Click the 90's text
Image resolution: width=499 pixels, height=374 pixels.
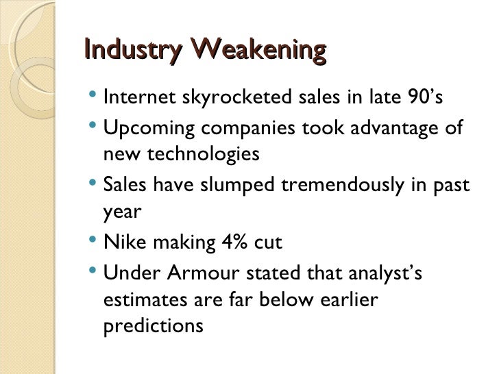[x=427, y=98]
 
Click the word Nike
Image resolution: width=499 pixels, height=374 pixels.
[x=122, y=242]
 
